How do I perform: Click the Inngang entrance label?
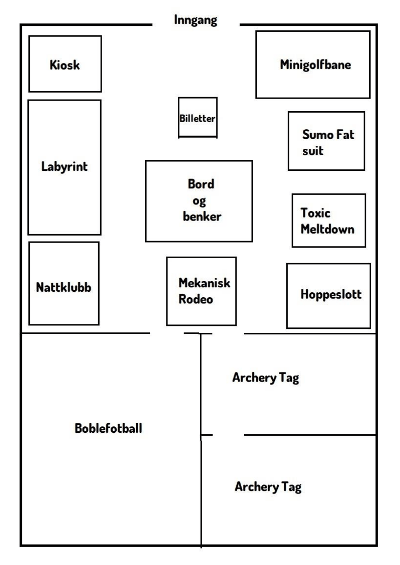tap(195, 20)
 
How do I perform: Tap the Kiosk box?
tap(65, 64)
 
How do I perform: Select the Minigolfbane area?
tap(313, 64)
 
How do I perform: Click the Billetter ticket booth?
tap(197, 118)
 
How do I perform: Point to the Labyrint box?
tap(64, 167)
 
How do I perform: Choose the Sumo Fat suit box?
tap(326, 141)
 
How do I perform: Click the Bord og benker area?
tap(199, 201)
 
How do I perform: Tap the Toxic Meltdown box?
tap(329, 221)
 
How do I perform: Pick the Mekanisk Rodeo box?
tap(201, 291)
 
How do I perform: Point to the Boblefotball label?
tap(108, 428)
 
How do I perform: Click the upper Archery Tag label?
tap(266, 378)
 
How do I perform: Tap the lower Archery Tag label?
tap(268, 486)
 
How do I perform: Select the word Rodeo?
tap(196, 299)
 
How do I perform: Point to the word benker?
tap(202, 217)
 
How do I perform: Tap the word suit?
tap(313, 151)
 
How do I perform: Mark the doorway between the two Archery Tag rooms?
tap(228, 434)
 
